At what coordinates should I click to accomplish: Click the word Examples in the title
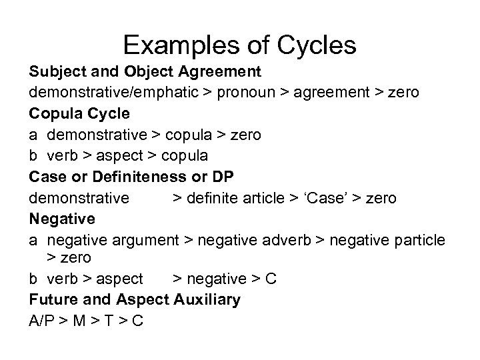tap(175, 45)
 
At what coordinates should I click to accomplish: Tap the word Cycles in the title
tap(315, 45)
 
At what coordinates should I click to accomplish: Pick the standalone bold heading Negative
tap(63, 219)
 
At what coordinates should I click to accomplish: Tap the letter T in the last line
tap(107, 321)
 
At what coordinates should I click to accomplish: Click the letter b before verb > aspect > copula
tap(33, 155)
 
